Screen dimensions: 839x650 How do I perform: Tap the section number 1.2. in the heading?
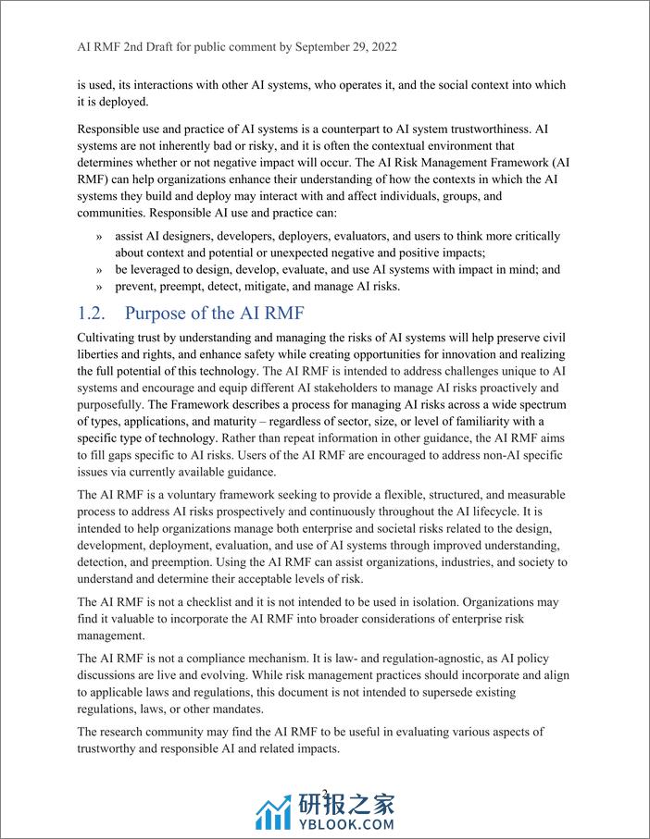click(x=96, y=312)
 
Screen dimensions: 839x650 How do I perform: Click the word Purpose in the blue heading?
click(x=158, y=312)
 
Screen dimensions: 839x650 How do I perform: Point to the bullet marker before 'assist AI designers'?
click(x=99, y=236)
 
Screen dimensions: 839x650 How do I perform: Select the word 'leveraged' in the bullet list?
click(x=164, y=269)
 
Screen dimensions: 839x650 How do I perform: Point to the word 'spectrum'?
click(x=540, y=406)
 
